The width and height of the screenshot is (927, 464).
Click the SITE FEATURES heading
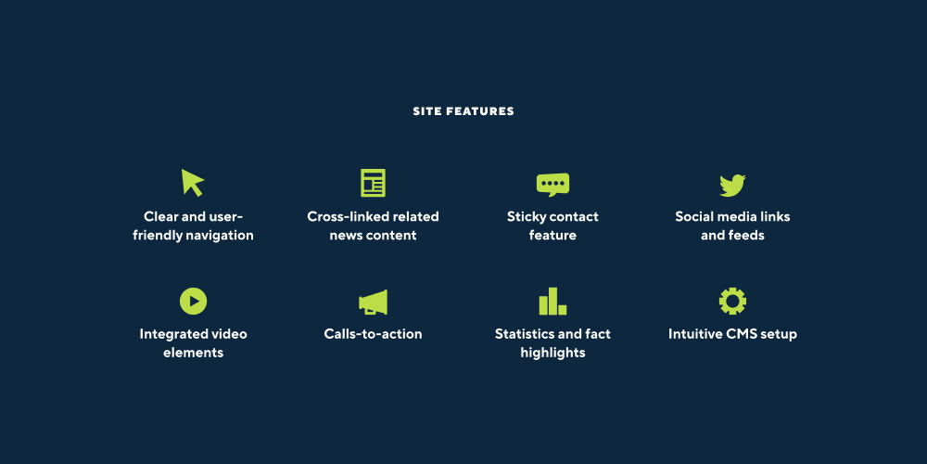click(463, 111)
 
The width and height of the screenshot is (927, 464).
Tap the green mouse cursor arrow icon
click(192, 182)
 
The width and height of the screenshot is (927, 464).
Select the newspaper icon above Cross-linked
click(373, 183)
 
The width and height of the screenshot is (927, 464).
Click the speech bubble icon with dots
click(552, 185)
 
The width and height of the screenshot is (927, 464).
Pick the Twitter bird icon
click(732, 186)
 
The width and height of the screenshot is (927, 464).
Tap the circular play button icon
click(194, 302)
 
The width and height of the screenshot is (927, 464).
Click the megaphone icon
click(373, 302)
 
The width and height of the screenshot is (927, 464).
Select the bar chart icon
click(552, 302)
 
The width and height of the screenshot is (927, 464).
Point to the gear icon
click(732, 302)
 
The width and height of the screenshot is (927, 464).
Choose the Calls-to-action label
click(373, 334)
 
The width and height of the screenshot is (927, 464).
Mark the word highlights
click(552, 353)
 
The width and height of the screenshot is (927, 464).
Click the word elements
click(194, 353)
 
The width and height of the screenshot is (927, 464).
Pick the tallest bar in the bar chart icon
click(552, 302)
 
